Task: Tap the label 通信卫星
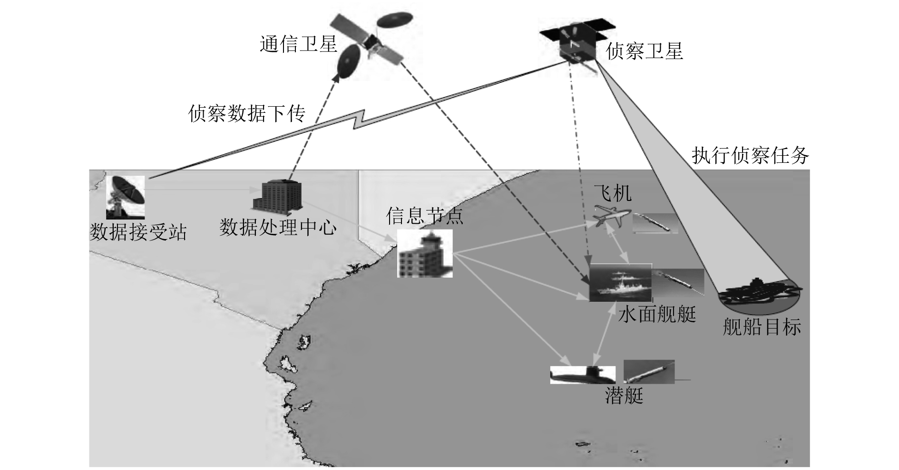pos(298,44)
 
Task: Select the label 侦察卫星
pos(645,51)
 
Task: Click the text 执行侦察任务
pos(750,156)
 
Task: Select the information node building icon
pos(425,254)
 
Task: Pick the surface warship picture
pos(620,283)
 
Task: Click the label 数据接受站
pos(138,232)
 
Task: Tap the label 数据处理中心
pos(278,228)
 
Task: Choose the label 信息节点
pos(424,216)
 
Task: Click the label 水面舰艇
pos(657,315)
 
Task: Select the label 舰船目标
pos(762,327)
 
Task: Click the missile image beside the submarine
pos(649,372)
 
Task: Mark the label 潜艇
pos(624,395)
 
